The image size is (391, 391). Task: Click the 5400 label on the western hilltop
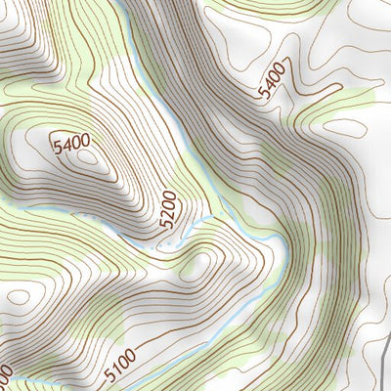71,146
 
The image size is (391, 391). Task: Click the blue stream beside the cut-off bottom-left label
29,383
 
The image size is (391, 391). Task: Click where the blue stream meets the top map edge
116,3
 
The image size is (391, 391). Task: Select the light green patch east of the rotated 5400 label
352,98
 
